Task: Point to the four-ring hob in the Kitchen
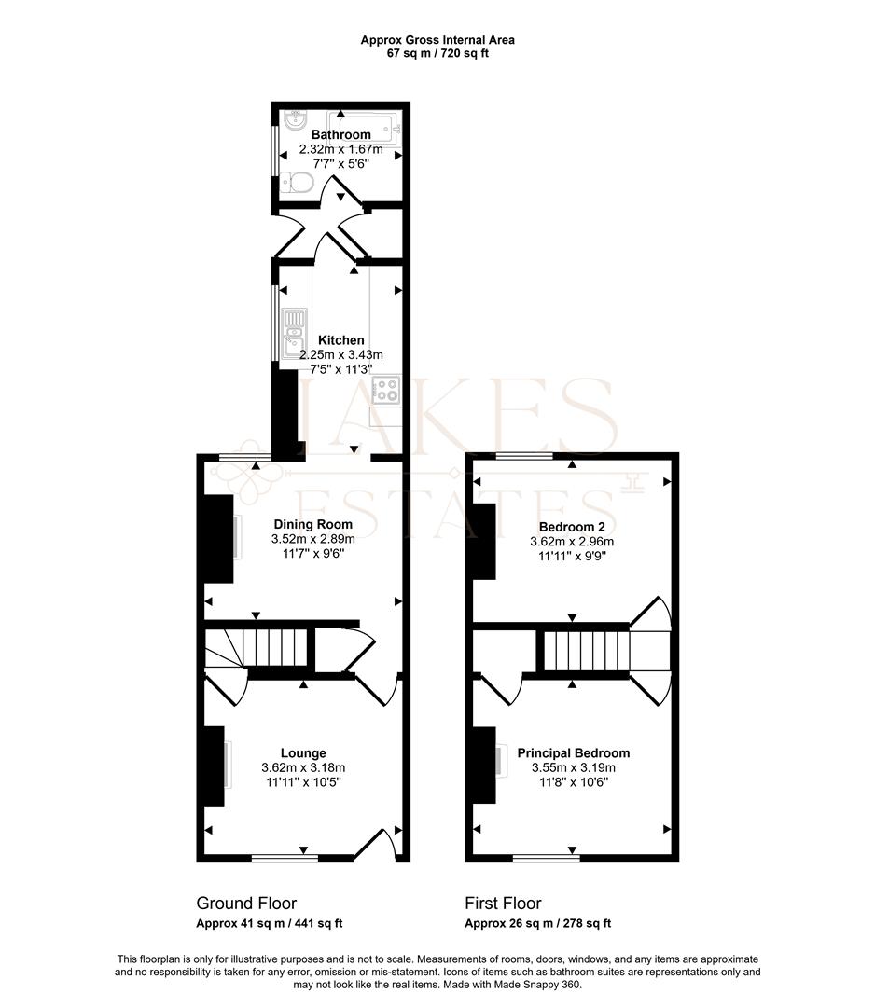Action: pyautogui.click(x=387, y=389)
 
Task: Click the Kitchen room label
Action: pyautogui.click(x=341, y=340)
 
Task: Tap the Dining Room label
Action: pyautogui.click(x=312, y=524)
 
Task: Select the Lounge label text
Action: pyautogui.click(x=303, y=752)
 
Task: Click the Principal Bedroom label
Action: pyautogui.click(x=573, y=752)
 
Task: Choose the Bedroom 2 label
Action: pyautogui.click(x=572, y=527)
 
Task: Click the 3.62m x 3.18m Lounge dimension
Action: pyautogui.click(x=303, y=767)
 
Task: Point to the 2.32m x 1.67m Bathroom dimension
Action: pyautogui.click(x=341, y=149)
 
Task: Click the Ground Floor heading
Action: pyautogui.click(x=246, y=903)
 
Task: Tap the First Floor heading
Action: pyautogui.click(x=503, y=903)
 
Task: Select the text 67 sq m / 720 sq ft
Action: pyautogui.click(x=437, y=53)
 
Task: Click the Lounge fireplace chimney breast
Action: pyautogui.click(x=215, y=766)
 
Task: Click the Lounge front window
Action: pyautogui.click(x=285, y=858)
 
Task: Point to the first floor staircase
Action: pyautogui.click(x=585, y=651)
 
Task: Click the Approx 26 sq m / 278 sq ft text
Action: pyautogui.click(x=537, y=923)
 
